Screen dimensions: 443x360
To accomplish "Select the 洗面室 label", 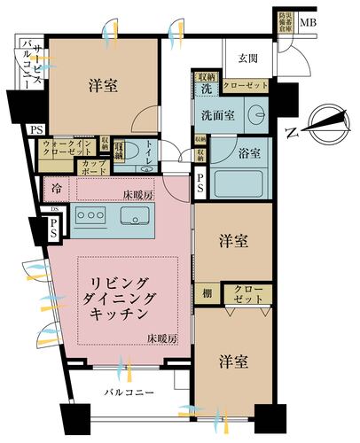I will [x=217, y=114].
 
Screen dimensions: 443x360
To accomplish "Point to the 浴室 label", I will [x=248, y=152].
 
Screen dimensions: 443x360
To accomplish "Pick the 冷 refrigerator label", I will [x=57, y=188].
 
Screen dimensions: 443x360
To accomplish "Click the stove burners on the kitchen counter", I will [x=90, y=215].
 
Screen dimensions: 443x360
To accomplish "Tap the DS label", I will [x=53, y=209].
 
